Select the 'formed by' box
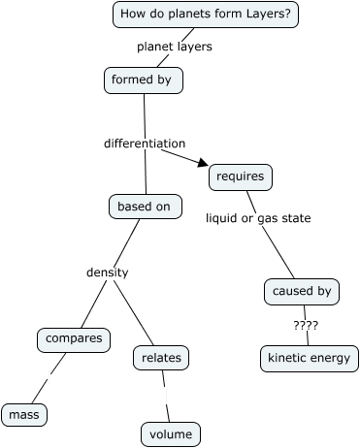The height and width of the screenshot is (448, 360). [144, 80]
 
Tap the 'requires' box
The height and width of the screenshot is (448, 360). [240, 177]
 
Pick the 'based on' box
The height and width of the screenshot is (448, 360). [145, 207]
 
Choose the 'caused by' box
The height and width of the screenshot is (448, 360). [301, 291]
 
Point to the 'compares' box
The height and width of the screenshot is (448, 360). [74, 340]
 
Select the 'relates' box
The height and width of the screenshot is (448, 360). [161, 359]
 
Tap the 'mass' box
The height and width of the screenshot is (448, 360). [23, 415]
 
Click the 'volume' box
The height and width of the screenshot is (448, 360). [171, 433]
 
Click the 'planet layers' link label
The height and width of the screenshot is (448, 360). [174, 46]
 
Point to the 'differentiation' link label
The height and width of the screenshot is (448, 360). [144, 144]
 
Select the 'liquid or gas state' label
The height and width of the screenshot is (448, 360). [258, 218]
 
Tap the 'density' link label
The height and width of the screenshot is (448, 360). [107, 272]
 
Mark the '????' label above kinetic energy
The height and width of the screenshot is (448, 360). [305, 325]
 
